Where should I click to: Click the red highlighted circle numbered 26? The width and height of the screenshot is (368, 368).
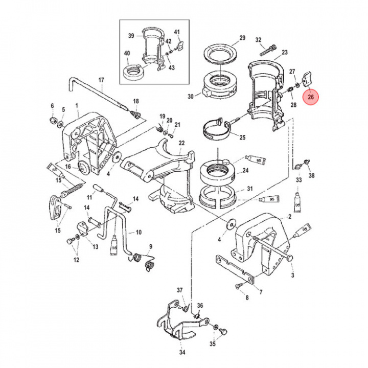pyautogui.click(x=311, y=96)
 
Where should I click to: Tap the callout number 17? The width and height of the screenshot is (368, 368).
pyautogui.click(x=101, y=80)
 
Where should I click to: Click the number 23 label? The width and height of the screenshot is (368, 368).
pyautogui.click(x=285, y=52)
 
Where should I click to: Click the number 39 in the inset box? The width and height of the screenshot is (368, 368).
pyautogui.click(x=131, y=36)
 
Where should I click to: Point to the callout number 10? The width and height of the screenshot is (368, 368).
pyautogui.click(x=138, y=232)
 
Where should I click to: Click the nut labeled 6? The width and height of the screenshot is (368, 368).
pyautogui.click(x=52, y=120)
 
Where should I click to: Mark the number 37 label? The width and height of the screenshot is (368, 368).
pyautogui.click(x=179, y=290)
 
